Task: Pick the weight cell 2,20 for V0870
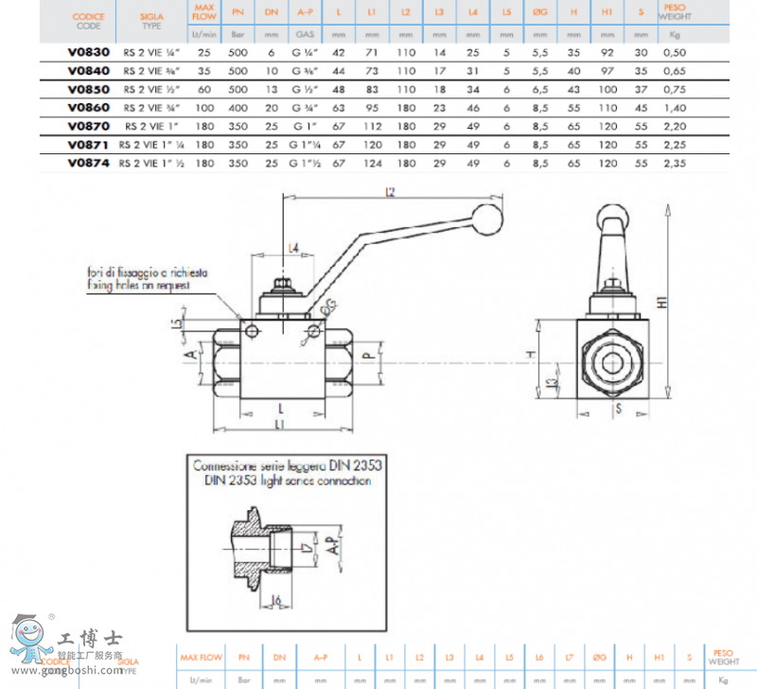tap(675, 126)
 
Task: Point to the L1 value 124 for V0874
tap(375, 163)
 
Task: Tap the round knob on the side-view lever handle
tap(489, 221)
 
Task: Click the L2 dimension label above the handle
tap(391, 192)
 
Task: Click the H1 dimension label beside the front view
tap(663, 301)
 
